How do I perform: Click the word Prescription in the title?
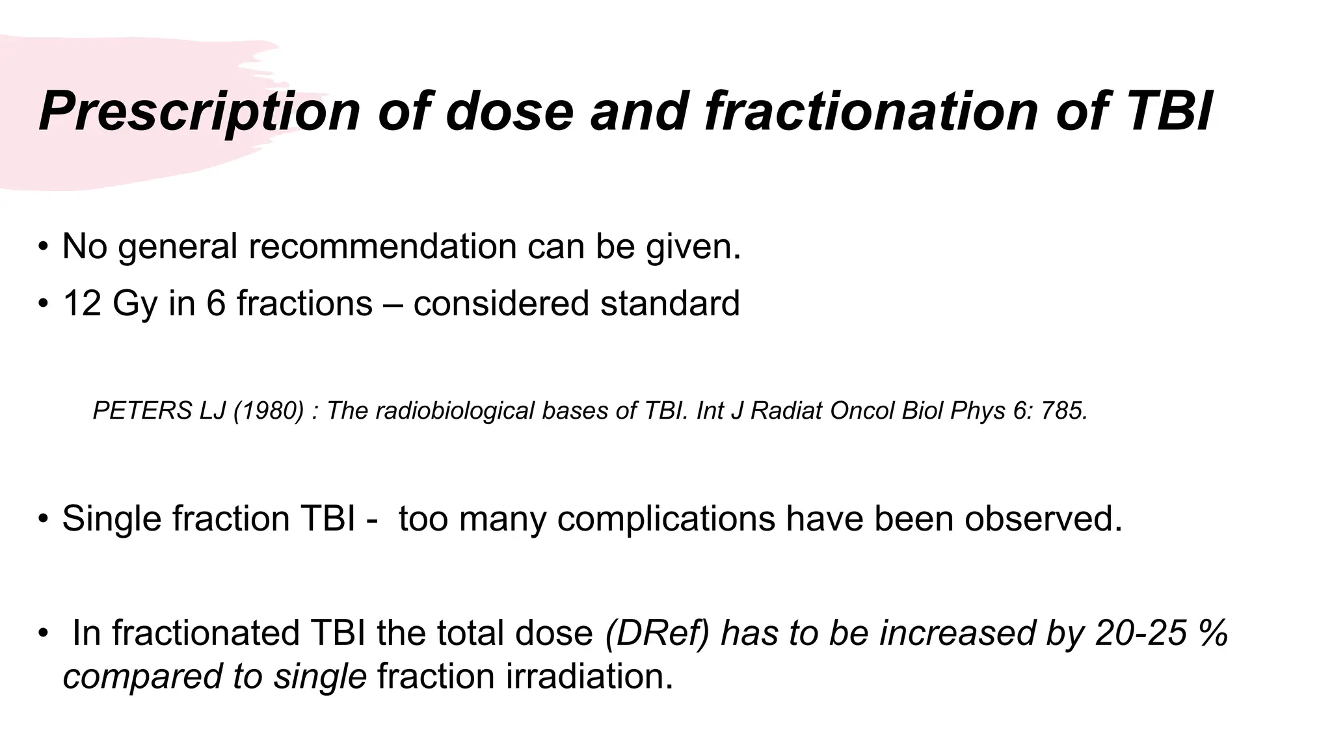[199, 111]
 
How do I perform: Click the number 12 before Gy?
[82, 304]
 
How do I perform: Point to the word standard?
[670, 304]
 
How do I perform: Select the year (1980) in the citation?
[269, 411]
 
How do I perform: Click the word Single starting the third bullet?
[111, 519]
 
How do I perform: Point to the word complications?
[666, 519]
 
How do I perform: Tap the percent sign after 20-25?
[1214, 633]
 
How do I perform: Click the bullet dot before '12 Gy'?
[43, 304]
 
